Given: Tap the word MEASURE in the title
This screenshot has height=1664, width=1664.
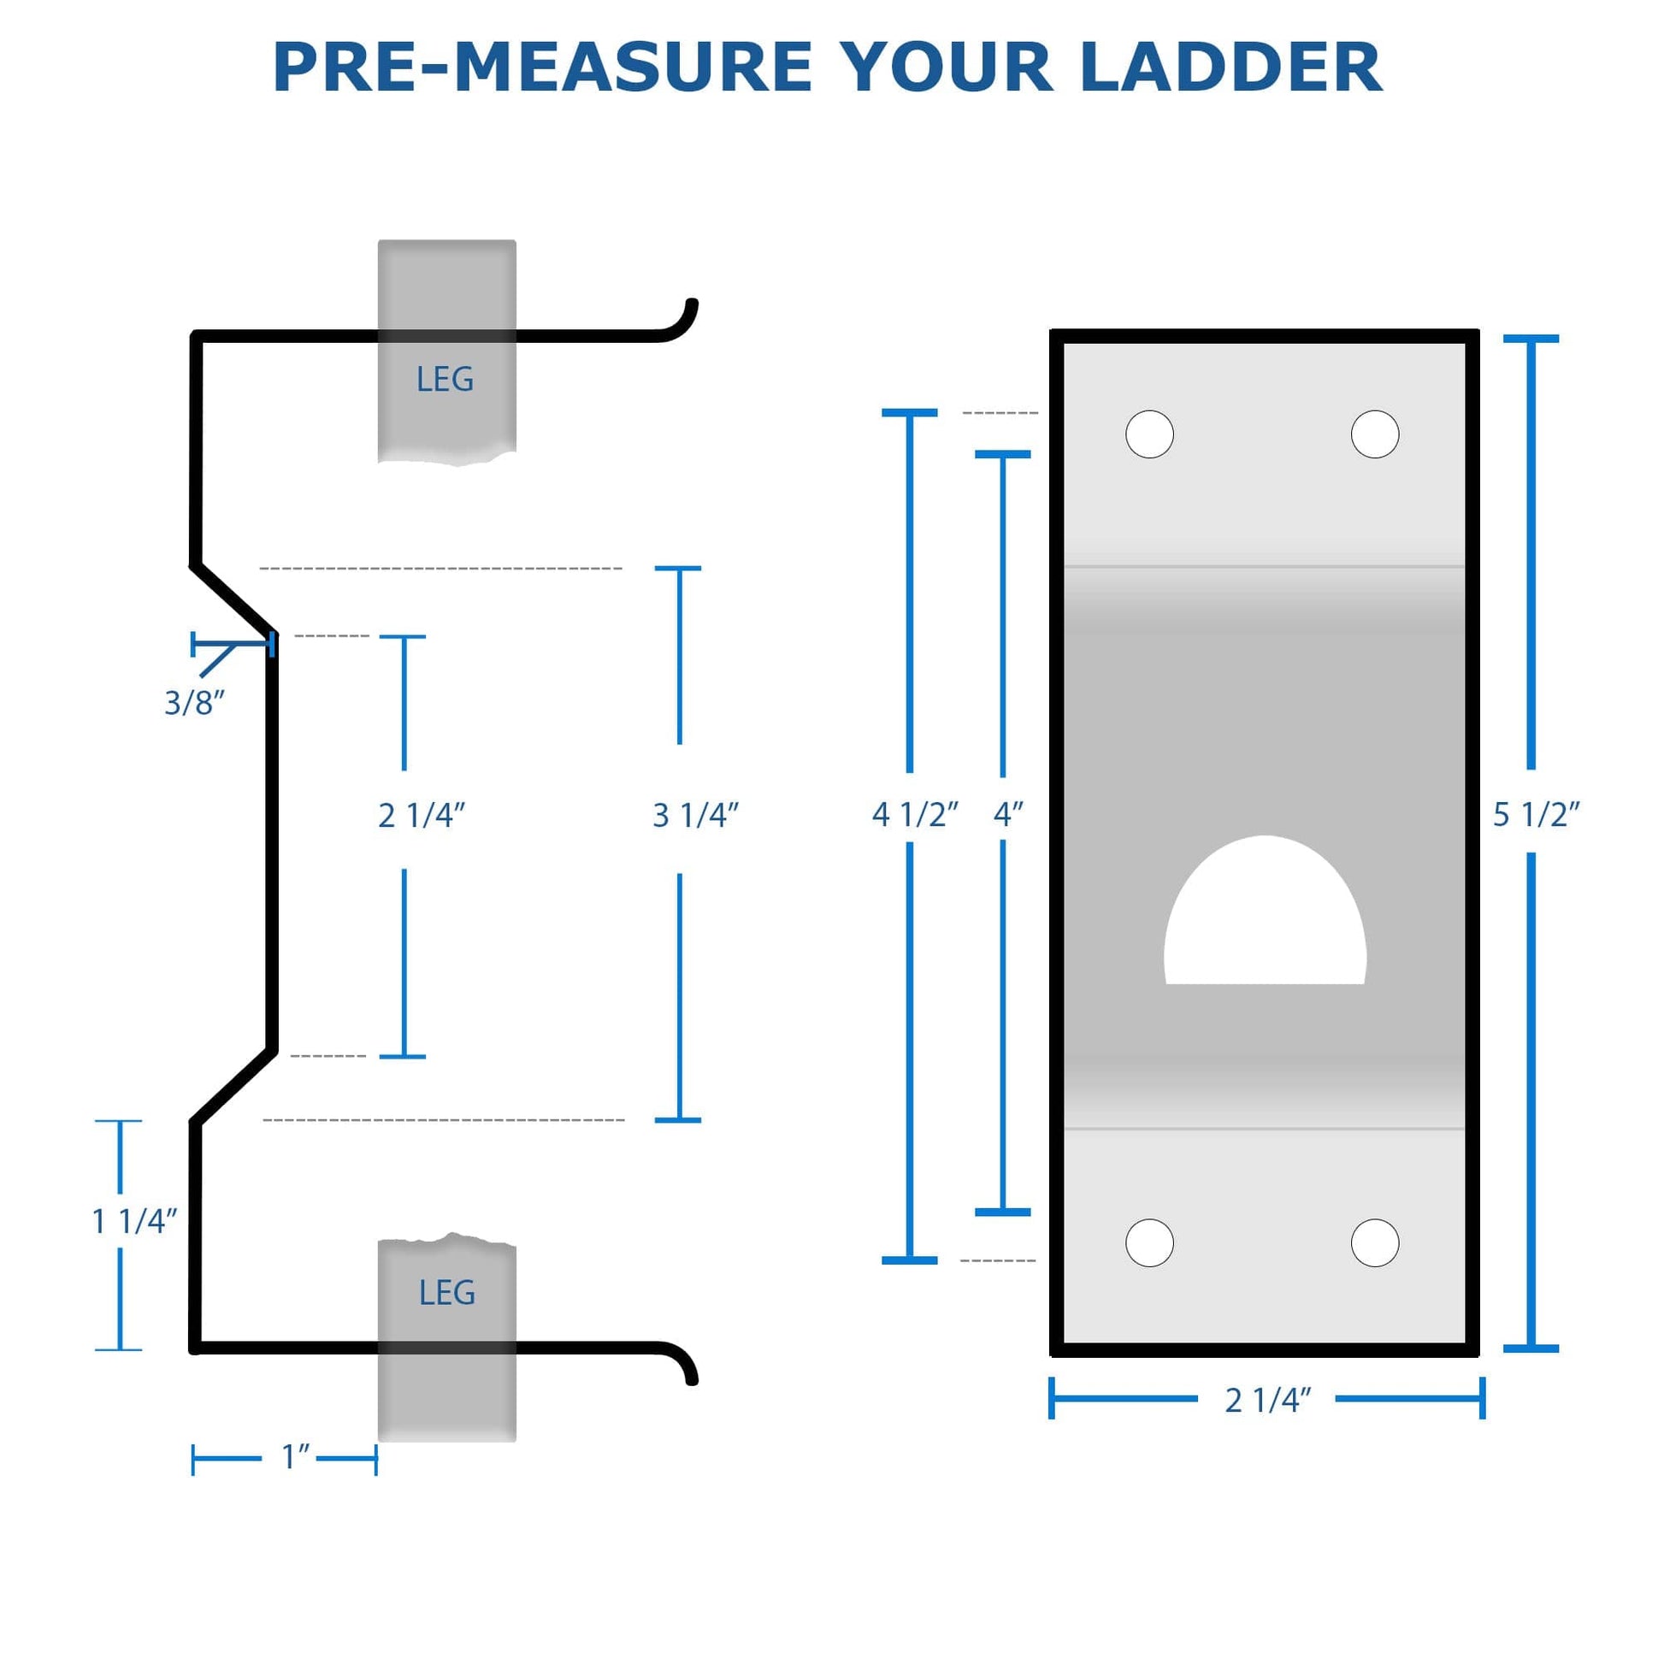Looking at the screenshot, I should click(x=632, y=68).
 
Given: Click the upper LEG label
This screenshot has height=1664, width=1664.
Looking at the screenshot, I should click(x=445, y=380).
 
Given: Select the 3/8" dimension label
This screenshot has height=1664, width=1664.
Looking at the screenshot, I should click(x=195, y=704).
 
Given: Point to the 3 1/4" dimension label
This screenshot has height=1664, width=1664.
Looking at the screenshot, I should click(x=696, y=816).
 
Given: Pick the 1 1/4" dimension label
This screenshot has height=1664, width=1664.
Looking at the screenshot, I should click(x=134, y=1221).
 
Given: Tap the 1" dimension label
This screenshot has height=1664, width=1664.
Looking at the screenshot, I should click(x=295, y=1457).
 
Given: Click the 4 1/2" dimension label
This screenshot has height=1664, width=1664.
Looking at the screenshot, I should click(x=915, y=815).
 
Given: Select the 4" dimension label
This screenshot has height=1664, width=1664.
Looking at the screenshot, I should click(x=1007, y=815).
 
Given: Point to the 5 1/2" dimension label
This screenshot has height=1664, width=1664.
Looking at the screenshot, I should click(x=1537, y=815).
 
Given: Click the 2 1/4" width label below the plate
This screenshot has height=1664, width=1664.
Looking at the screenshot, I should click(x=1268, y=1401).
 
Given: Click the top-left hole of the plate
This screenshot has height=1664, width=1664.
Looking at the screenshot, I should click(x=1150, y=434).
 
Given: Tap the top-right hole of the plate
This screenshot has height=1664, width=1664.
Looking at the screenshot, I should click(x=1375, y=434).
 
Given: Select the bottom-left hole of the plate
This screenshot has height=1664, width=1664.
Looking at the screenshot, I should click(x=1150, y=1242).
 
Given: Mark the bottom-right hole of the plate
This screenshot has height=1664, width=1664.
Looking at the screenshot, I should click(x=1375, y=1242).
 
